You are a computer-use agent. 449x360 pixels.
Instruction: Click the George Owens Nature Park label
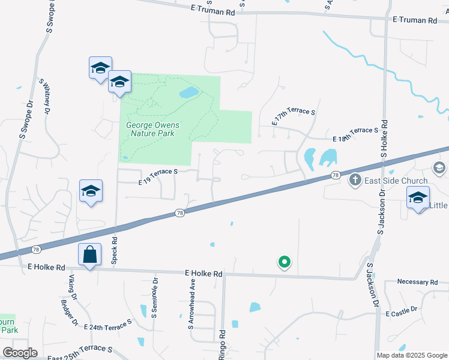pos(150,129)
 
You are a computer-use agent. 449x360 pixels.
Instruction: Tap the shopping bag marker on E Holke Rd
pos(89,254)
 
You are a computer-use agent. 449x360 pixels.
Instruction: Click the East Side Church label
pos(396,181)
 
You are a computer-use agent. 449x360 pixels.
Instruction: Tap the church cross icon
pos(355,180)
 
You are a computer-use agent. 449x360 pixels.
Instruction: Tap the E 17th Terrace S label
pos(294,116)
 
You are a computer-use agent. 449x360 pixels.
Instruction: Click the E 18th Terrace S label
pos(356,135)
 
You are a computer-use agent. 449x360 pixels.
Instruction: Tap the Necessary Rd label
pos(418,282)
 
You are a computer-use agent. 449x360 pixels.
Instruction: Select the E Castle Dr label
pos(402,314)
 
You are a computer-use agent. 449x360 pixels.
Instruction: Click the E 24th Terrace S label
pos(110,325)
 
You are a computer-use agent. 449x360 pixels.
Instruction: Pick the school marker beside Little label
pos(418,197)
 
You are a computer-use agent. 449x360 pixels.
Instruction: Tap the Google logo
pos(20,353)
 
